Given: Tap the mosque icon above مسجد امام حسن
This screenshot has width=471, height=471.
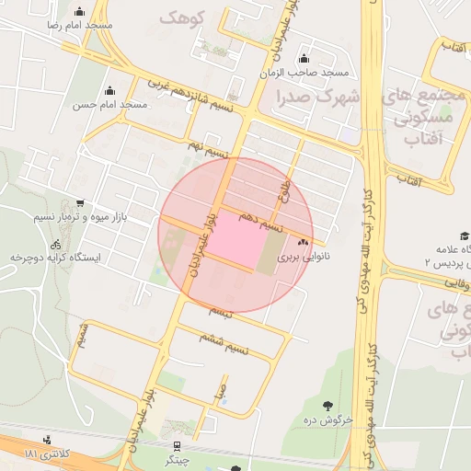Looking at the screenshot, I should (x=110, y=90).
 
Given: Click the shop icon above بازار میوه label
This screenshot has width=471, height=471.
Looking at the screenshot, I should (x=81, y=204).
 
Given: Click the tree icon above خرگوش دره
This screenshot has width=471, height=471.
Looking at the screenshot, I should (x=328, y=405).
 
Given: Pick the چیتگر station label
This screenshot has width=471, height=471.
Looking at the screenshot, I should (x=176, y=459).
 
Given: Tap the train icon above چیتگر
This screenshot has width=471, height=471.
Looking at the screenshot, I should (x=176, y=445).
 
